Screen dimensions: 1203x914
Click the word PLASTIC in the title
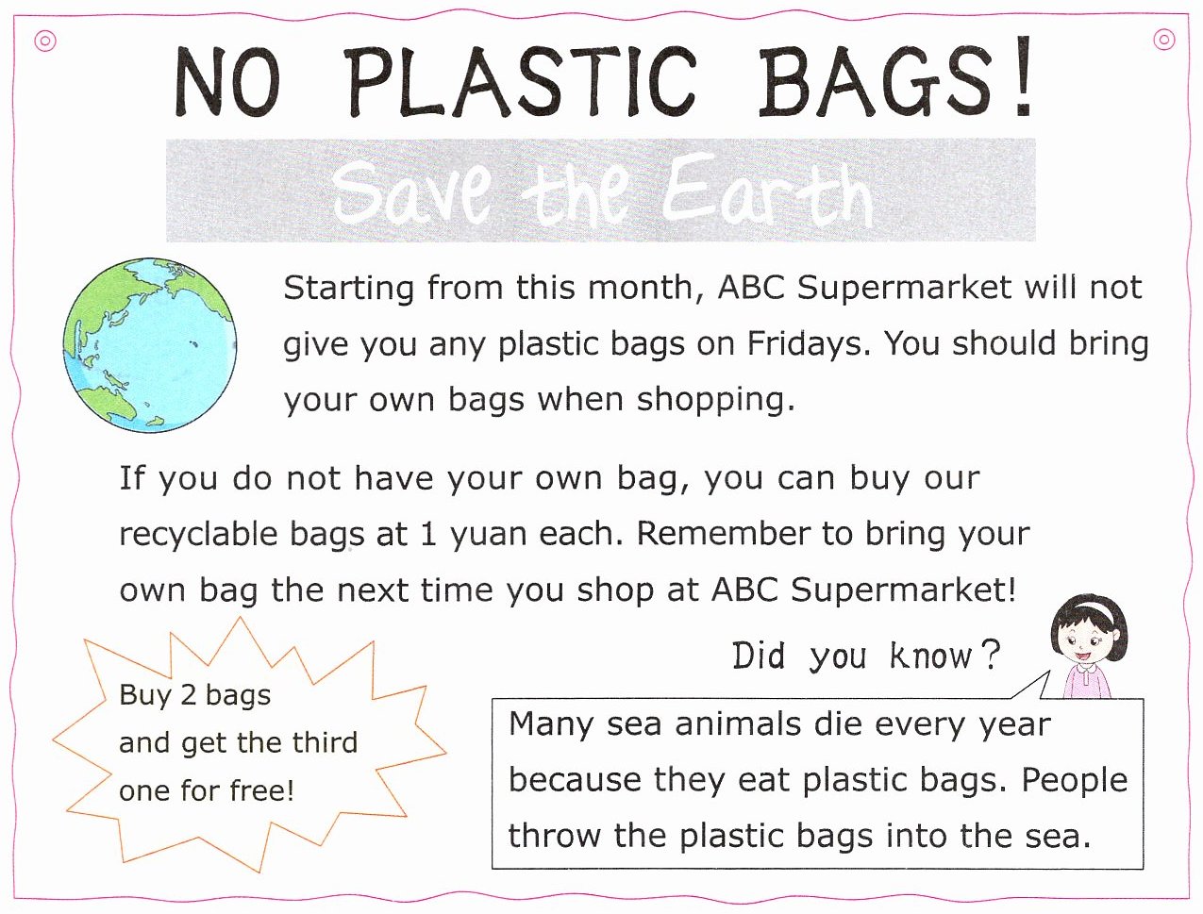pos(521,81)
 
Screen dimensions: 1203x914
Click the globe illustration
pos(150,344)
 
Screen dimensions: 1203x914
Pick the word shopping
pos(715,401)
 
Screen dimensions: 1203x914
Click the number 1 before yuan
pos(428,535)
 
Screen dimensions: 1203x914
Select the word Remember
pos(723,533)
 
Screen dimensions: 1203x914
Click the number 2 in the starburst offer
pos(188,695)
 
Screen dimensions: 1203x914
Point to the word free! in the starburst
pos(262,789)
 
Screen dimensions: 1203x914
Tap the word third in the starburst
pos(325,742)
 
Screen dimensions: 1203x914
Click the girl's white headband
pos(1090,608)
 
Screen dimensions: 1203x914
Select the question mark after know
pos(990,655)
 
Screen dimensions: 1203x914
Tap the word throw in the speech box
pos(554,836)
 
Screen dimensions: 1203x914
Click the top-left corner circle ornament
pos(45,41)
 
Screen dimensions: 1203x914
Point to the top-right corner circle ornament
pos(1164,40)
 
